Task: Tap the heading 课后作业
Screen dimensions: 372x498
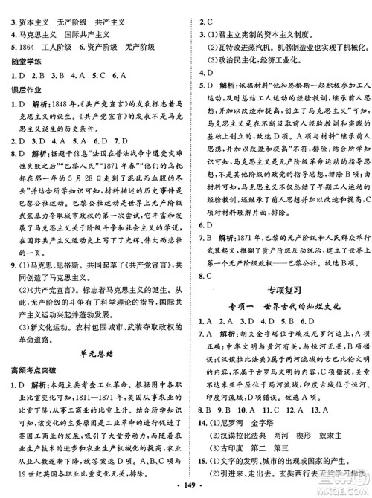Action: [x=25, y=88]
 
